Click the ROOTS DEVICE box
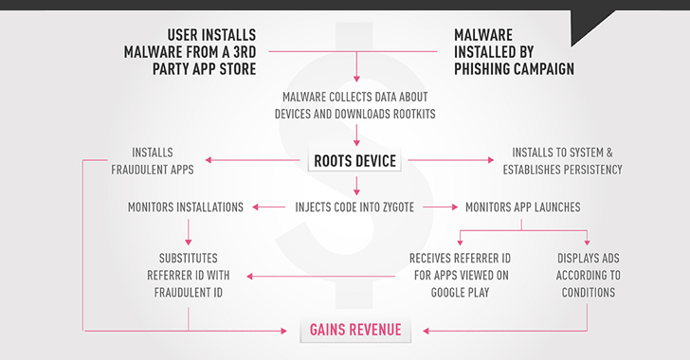click(x=354, y=161)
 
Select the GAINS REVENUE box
click(x=354, y=330)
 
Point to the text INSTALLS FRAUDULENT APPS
click(x=166, y=161)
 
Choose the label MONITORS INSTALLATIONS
click(x=186, y=207)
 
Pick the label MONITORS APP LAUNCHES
click(x=523, y=207)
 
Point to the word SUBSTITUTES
click(x=189, y=258)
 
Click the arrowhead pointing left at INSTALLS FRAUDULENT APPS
click(x=210, y=161)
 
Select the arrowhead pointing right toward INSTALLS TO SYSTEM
click(x=496, y=161)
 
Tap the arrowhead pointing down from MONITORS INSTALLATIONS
click(x=189, y=241)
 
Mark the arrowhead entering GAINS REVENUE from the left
click(x=287, y=331)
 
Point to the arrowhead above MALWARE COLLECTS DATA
click(x=354, y=78)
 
